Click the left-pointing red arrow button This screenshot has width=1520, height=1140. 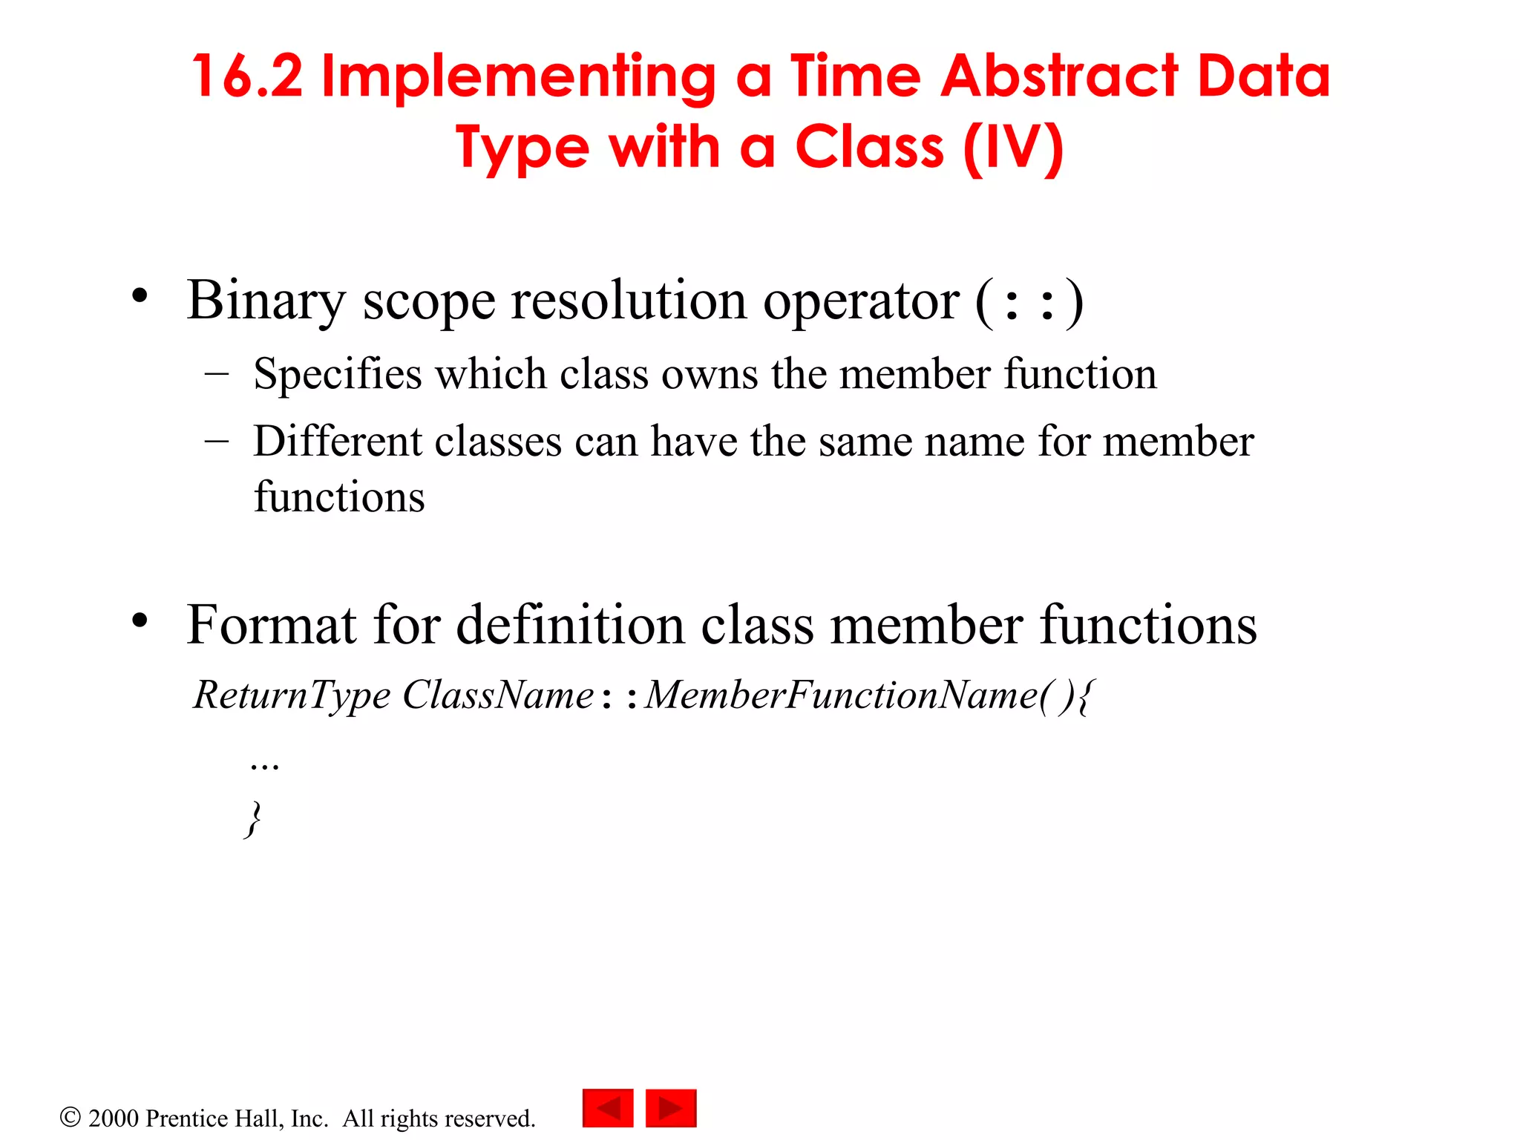point(608,1108)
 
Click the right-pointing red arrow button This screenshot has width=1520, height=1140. point(671,1108)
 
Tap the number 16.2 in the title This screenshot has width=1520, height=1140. point(248,76)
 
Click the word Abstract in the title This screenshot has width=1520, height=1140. point(1059,76)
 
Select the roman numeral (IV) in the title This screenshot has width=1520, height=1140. point(1013,148)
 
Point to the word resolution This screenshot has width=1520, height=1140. point(629,301)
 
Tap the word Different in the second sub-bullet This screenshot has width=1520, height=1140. point(338,441)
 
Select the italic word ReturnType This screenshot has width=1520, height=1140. point(291,696)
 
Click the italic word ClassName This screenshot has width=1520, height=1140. point(498,695)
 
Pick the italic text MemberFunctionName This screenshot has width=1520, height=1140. point(842,695)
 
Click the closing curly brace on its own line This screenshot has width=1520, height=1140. point(254,819)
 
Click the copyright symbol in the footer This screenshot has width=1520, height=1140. point(70,1117)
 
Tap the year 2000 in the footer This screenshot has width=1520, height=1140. point(114,1118)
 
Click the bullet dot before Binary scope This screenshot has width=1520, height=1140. point(140,296)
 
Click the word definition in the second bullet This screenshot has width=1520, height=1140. point(570,625)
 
